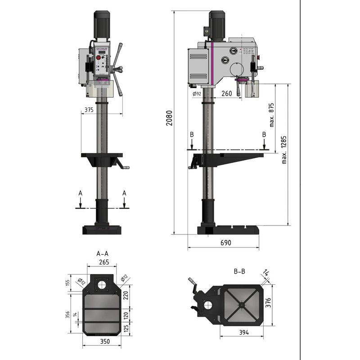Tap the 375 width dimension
click(x=88, y=109)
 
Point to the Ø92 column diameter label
click(x=197, y=94)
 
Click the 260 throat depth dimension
click(x=227, y=94)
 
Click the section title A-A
click(x=102, y=253)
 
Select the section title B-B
click(x=239, y=271)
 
